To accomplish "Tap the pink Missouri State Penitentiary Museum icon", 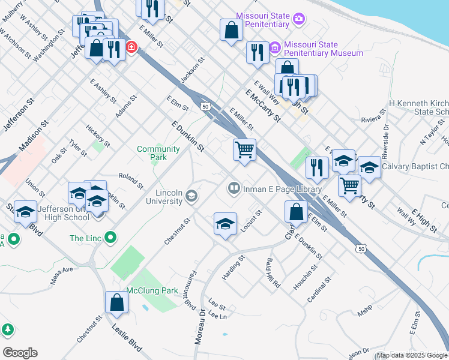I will coord(275,47).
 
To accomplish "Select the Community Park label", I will coord(158,153).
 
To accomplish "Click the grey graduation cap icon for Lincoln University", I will coord(191,196).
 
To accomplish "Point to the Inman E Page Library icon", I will coord(234,188).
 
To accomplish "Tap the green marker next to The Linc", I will coord(110,238).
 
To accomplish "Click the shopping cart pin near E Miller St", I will coord(244,149).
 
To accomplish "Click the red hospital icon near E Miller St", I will coord(130,47).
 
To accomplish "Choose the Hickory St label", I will coord(98,136).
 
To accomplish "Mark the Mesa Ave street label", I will coord(61,269).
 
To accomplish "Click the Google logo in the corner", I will coord(20,353).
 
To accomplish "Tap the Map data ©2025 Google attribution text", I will coord(412,355).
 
